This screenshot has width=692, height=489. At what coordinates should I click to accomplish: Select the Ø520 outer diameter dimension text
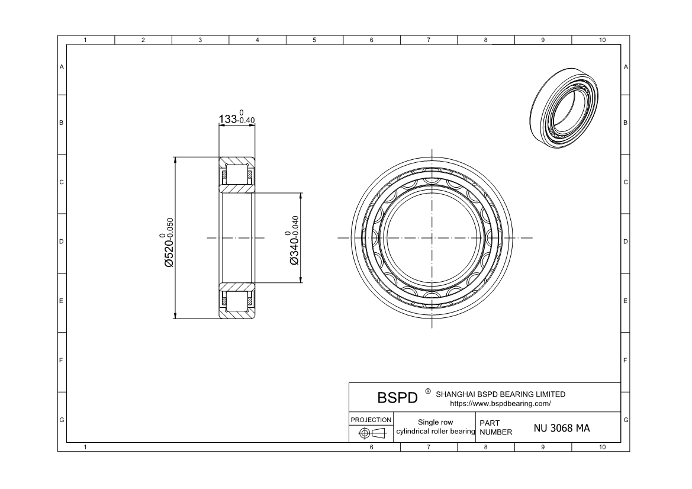coord(169,242)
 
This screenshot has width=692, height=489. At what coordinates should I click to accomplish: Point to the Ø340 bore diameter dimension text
coord(294,240)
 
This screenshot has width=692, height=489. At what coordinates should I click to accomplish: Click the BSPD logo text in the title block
coord(397,398)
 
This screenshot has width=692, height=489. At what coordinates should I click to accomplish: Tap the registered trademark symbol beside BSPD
coord(427,391)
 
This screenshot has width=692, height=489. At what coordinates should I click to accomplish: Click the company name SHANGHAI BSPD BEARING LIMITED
coord(500,394)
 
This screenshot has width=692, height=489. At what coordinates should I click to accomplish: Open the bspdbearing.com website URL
coord(500,403)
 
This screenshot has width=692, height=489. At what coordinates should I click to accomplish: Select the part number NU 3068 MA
coord(561,428)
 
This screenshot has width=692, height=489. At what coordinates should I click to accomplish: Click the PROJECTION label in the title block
coord(371,420)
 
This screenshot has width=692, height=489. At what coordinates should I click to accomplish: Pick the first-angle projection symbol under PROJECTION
coord(372,433)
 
